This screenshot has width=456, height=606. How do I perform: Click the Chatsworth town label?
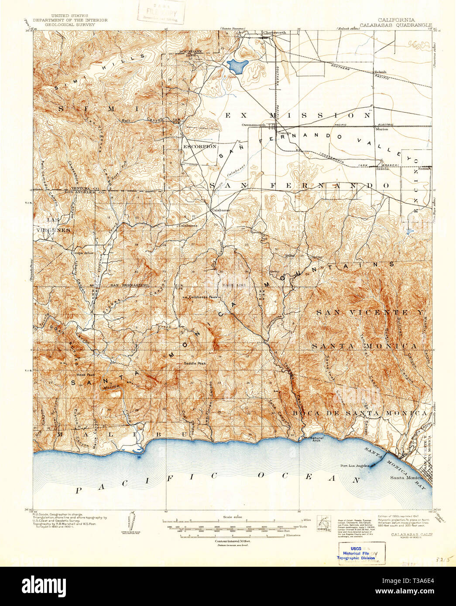tap(274, 33)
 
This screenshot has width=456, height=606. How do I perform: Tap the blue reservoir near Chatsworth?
tap(237, 66)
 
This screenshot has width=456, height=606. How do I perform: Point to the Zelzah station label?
tap(380, 72)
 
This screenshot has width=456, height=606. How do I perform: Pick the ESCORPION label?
tap(200, 146)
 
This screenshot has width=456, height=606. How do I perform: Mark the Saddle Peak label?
tap(194, 363)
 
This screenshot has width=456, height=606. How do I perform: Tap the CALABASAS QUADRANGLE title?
tap(396, 25)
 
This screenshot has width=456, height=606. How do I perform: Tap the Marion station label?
tap(382, 129)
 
